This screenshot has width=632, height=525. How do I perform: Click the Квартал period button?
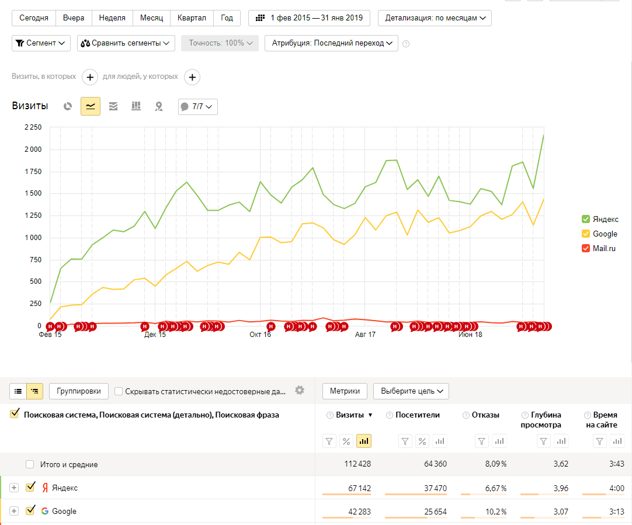(192, 18)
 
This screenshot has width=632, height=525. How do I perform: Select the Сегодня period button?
(34, 18)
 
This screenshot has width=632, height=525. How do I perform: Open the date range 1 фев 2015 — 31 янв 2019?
(309, 18)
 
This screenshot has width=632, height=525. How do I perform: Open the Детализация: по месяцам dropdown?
(435, 18)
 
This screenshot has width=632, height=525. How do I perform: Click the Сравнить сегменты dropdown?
(126, 43)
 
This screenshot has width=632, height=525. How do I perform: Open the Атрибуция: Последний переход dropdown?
(331, 43)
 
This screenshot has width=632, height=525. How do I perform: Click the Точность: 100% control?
(220, 43)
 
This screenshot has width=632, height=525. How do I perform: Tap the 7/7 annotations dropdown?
(198, 107)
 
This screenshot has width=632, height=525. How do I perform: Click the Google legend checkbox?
(586, 234)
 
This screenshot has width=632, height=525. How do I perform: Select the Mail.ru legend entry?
(599, 248)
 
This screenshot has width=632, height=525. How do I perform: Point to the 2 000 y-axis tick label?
(33, 149)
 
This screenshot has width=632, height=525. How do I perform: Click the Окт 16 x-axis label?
(260, 335)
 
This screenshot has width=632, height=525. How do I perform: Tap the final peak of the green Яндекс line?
(544, 135)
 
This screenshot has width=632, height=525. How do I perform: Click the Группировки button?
(79, 391)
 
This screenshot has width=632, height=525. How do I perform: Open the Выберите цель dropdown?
(411, 391)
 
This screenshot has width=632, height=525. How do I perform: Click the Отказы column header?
(485, 415)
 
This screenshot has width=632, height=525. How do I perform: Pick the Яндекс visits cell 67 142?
(359, 488)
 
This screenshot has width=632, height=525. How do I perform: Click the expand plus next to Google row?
(14, 512)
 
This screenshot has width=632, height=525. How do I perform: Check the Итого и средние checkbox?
(30, 464)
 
